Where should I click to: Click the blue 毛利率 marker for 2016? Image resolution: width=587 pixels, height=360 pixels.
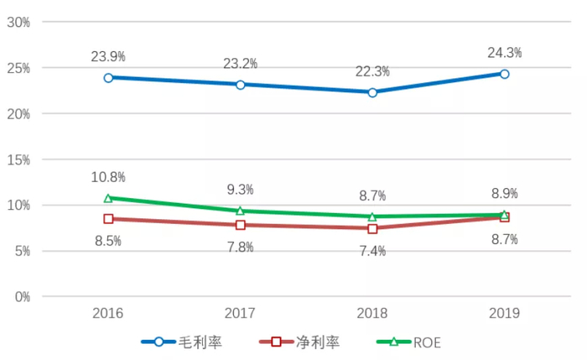pos(108,77)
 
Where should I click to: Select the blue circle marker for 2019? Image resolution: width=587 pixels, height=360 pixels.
pos(504,74)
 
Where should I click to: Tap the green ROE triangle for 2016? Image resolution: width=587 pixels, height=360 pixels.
pos(108,198)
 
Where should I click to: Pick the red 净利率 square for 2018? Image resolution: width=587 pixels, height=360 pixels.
pos(372,228)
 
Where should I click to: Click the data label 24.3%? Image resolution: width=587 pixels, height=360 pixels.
pos(504,53)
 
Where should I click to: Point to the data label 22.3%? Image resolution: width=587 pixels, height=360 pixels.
pos(372,71)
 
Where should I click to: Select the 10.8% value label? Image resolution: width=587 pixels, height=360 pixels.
pos(108,177)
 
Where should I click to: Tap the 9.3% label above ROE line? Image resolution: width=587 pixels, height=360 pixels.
pos(240,190)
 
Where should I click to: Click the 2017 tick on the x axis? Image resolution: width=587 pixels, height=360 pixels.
pos(240,313)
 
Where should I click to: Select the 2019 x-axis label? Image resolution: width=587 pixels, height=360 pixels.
pos(504,313)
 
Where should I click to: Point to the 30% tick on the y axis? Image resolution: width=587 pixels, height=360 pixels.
pos(18,22)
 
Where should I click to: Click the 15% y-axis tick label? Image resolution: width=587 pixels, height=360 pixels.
pos(18,159)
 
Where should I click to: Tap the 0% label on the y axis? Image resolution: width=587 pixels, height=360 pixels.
pos(22,297)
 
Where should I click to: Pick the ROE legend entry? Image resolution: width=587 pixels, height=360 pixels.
pos(415,342)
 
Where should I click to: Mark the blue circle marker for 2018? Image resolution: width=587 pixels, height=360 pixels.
pos(372,92)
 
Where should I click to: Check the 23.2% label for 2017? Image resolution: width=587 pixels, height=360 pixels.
pos(240,64)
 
